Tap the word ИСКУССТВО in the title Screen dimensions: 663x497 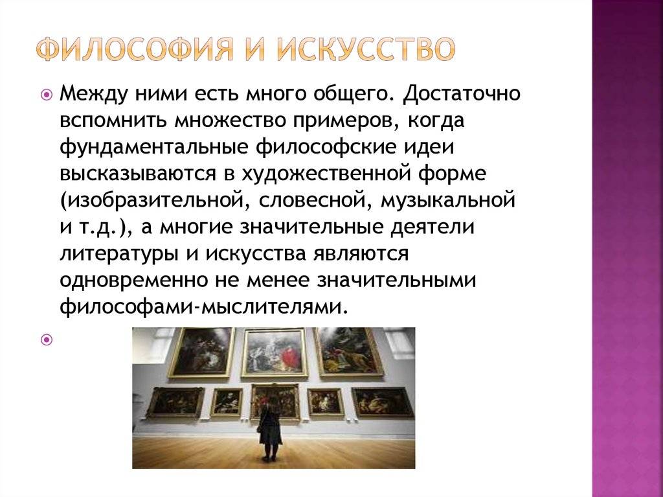(366, 49)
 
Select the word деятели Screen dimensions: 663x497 (432, 227)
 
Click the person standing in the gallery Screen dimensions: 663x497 (270, 430)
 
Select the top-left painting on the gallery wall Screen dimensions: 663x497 (202, 353)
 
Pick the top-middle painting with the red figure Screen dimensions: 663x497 (275, 353)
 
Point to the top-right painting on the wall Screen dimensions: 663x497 (348, 352)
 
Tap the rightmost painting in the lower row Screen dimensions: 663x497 (382, 402)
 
